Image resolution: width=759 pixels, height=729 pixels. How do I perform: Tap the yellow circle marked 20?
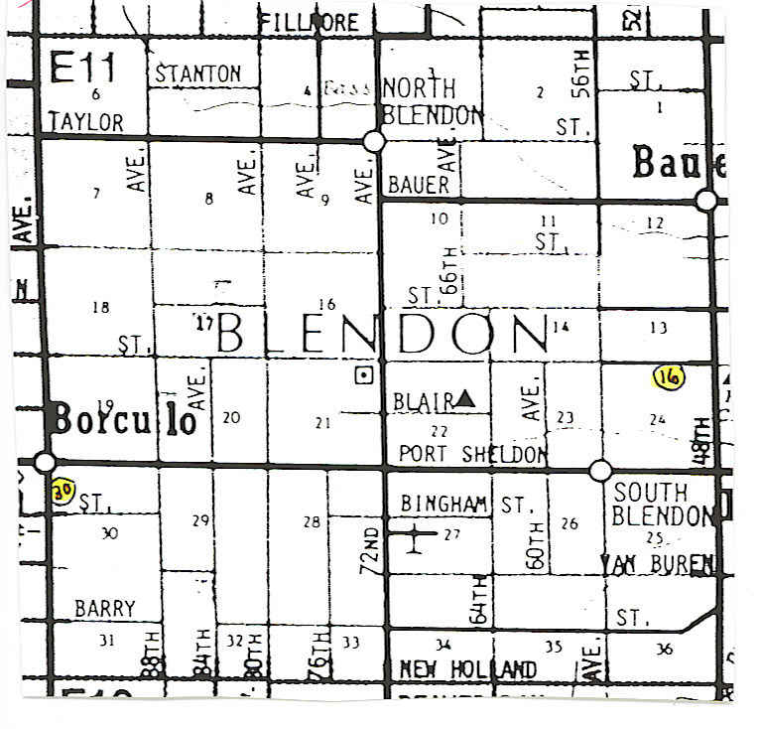63,492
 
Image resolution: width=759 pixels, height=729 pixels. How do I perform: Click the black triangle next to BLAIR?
465,399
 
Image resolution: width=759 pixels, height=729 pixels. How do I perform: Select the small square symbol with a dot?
364,374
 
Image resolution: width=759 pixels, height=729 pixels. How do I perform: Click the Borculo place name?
125,420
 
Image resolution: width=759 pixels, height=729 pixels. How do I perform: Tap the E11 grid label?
82,69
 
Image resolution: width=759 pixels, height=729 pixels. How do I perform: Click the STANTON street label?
198,73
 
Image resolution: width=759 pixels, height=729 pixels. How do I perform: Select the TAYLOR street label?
86,122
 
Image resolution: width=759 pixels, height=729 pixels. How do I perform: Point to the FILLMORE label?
308,22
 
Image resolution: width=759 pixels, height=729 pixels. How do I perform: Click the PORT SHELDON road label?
472,454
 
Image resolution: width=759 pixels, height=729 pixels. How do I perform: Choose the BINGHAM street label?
445,505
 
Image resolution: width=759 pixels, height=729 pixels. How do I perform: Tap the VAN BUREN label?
657,564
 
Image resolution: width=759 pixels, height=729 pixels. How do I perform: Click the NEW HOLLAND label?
467,670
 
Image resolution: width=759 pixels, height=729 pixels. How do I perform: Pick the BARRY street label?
105,609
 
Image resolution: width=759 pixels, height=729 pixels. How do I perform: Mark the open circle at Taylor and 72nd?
374,142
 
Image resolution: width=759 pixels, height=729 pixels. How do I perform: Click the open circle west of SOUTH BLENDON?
600,470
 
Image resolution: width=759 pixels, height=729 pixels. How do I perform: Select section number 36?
664,649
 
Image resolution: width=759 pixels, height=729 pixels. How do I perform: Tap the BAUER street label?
419,184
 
